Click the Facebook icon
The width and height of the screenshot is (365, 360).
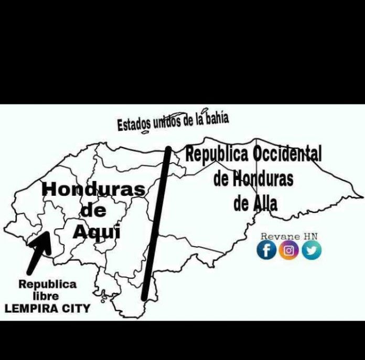pyautogui.click(x=266, y=250)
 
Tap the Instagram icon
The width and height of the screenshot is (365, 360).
pyautogui.click(x=289, y=250)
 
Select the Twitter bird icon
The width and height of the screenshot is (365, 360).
pyautogui.click(x=312, y=250)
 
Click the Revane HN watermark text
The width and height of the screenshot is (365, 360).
pyautogui.click(x=289, y=237)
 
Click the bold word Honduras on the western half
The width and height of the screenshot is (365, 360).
pyautogui.click(x=93, y=189)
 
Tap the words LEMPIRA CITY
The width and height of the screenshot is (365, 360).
pyautogui.click(x=47, y=309)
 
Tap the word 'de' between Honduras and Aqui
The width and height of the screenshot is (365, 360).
pyautogui.click(x=93, y=211)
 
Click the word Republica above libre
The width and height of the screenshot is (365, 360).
pyautogui.click(x=47, y=284)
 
